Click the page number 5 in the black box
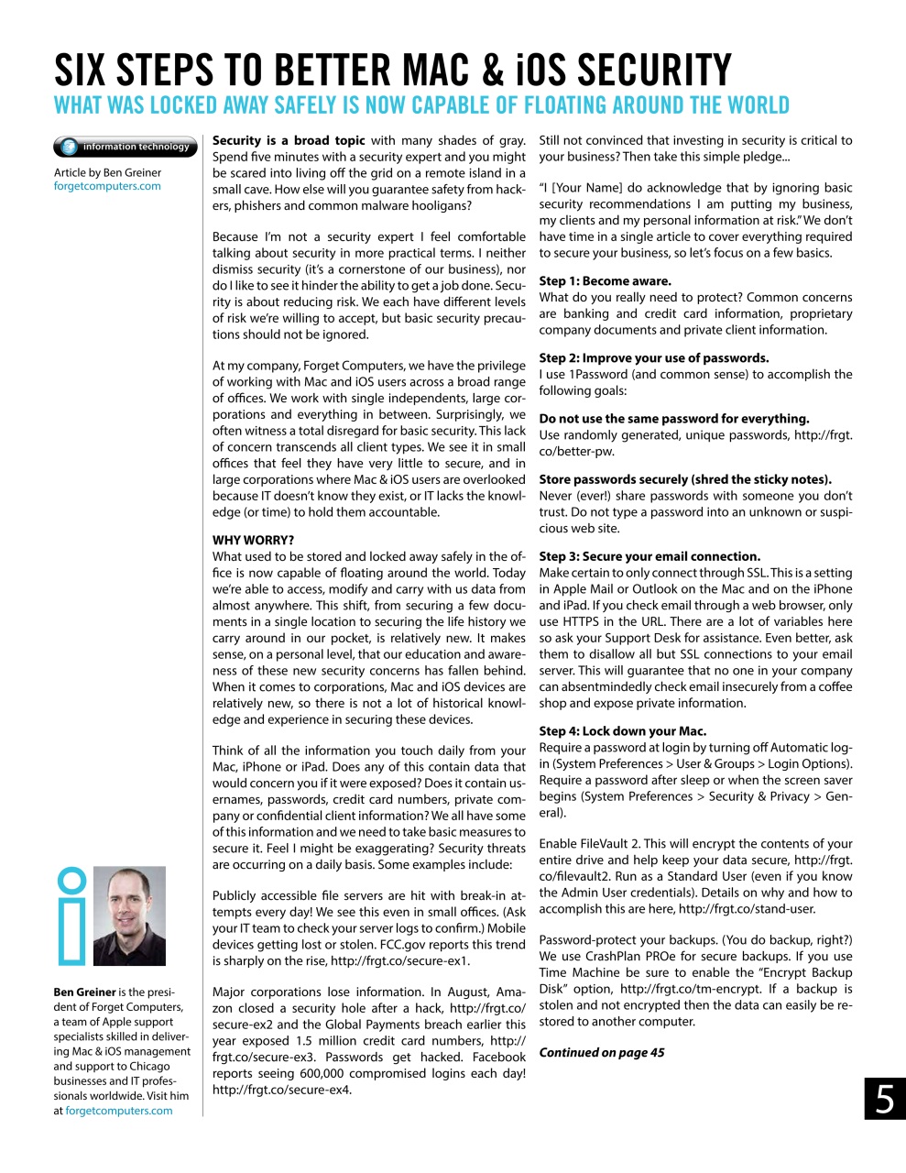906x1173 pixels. coord(884,1099)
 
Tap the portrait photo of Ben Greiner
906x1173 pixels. coord(129,915)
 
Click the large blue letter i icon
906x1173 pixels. coord(71,915)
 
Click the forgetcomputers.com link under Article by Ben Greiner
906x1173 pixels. coord(107,186)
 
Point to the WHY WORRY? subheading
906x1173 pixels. coord(253,540)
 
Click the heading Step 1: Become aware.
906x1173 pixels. coord(605,281)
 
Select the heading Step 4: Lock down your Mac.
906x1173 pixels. coord(622,731)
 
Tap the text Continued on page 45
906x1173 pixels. coord(601,1052)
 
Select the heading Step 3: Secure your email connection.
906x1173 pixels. coord(649,556)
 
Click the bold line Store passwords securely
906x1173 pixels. coord(684,479)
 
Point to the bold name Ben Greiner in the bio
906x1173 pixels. coord(84,992)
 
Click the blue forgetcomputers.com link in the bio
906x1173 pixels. coord(118,1111)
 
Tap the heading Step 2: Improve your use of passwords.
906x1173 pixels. coord(653,358)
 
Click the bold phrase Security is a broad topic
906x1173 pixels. coord(289,140)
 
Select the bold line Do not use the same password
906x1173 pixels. coord(673,419)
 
